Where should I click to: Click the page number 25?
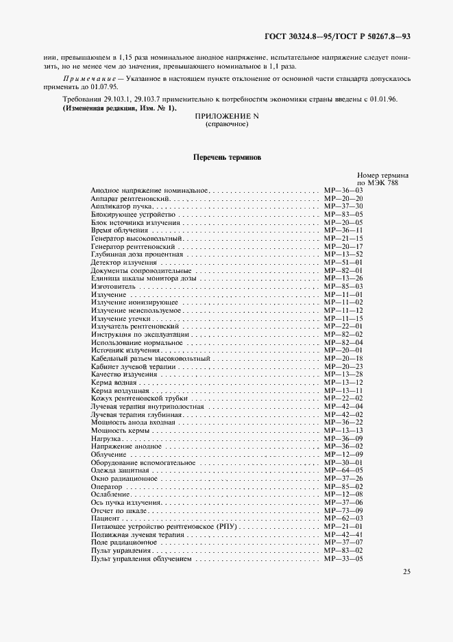tap(407, 571)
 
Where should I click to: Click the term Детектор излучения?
tap(121, 262)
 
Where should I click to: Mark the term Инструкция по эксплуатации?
tap(132, 334)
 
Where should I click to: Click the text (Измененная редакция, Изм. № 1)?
tap(119, 108)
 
